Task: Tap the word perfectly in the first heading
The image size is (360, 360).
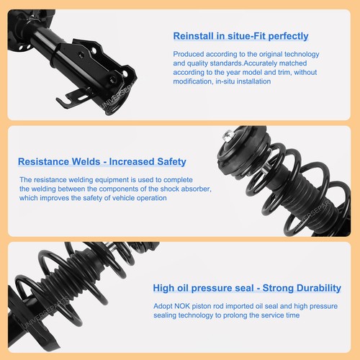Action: pyautogui.click(x=284, y=36)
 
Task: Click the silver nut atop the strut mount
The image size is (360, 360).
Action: pyautogui.click(x=228, y=135)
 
